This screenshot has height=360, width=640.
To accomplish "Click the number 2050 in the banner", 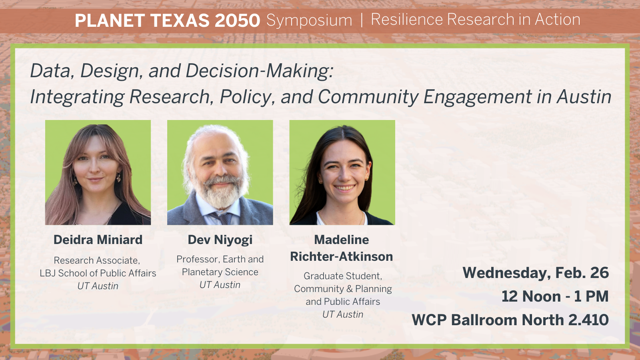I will click(237, 20).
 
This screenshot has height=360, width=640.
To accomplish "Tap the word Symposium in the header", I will click(309, 20).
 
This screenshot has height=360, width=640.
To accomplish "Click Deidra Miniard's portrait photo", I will click(98, 172).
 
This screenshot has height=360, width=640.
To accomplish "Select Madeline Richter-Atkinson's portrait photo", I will click(342, 172).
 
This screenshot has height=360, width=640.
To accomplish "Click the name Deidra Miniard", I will click(98, 240).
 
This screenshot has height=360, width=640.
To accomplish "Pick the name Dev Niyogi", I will click(220, 240).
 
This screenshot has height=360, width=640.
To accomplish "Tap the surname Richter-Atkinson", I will click(341, 256).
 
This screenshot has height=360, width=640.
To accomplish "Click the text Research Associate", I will click(97, 260).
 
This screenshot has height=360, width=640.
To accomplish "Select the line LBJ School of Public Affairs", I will click(98, 273).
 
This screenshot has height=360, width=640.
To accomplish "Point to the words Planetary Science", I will click(220, 272).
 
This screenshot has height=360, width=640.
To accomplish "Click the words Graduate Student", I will click(343, 276).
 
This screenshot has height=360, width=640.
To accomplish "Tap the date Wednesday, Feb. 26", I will click(535, 273).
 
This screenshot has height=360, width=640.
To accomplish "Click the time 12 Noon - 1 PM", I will click(555, 296).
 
